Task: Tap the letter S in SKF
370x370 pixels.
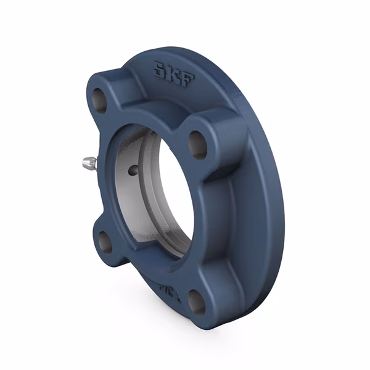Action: tap(160, 69)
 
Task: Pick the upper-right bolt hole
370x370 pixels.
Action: tap(198, 144)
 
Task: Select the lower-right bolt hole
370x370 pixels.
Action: tap(197, 301)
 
